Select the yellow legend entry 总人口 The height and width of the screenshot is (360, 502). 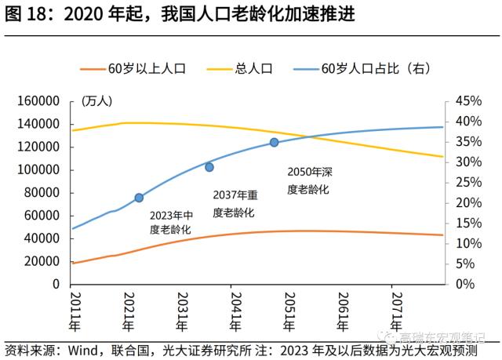click(253, 68)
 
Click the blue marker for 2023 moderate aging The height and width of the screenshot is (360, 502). click(139, 198)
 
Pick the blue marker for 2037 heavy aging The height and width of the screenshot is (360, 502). click(209, 167)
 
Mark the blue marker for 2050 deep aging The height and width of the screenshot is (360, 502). click(274, 143)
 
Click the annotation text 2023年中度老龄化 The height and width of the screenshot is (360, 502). click(171, 222)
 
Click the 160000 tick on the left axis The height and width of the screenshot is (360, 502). click(39, 101)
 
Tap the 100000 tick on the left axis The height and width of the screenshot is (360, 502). click(39, 169)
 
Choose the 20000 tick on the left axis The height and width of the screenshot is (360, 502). click(42, 261)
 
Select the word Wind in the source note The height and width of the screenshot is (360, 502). click(82, 350)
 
